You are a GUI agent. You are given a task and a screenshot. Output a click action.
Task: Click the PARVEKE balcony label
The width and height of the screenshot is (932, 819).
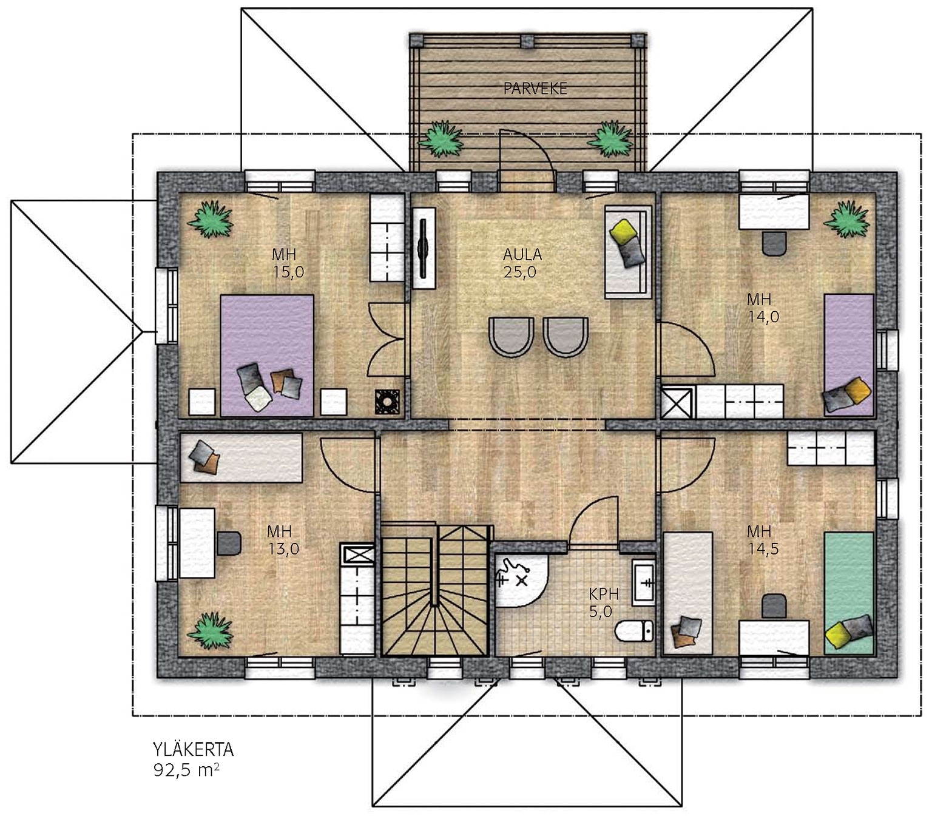(535, 89)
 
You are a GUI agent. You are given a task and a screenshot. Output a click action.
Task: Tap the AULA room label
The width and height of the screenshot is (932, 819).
(522, 254)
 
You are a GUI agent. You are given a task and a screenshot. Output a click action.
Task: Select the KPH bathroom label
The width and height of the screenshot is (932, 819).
(604, 594)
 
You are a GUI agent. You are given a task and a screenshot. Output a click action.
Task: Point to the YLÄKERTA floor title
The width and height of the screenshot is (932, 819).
(193, 749)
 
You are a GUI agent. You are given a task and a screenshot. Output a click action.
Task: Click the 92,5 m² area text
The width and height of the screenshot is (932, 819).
(186, 770)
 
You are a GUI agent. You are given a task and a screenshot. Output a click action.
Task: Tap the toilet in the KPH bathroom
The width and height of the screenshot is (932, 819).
(634, 631)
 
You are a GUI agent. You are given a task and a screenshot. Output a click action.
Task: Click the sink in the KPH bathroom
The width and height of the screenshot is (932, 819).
(644, 582)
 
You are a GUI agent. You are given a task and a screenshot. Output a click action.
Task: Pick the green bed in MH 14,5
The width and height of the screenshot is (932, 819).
(849, 593)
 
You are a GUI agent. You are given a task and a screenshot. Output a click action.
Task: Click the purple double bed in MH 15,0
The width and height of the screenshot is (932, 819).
(267, 356)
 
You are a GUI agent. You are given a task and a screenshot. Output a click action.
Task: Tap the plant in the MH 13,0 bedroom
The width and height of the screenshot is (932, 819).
(210, 630)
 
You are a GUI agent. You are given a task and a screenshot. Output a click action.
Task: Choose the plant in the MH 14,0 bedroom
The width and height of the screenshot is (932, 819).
(846, 220)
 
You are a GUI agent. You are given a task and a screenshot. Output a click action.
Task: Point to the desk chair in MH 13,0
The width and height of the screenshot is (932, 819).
(229, 542)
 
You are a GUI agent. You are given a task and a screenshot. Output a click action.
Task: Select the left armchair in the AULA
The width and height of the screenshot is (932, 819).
(512, 337)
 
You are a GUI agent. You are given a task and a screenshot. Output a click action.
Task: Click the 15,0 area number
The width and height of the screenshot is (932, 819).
(288, 272)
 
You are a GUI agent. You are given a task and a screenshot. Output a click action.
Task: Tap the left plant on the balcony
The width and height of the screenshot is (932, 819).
(441, 139)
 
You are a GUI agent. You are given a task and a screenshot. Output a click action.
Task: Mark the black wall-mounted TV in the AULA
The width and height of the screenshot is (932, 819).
(422, 248)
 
